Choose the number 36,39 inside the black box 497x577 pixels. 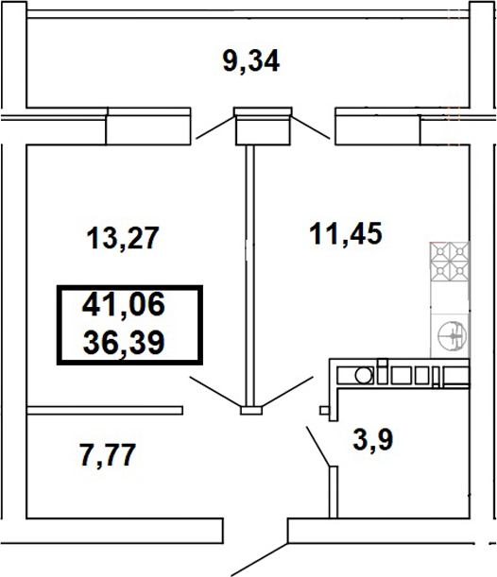click(x=123, y=339)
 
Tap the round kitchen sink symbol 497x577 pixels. click(x=451, y=334)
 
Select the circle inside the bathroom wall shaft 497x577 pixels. click(x=363, y=376)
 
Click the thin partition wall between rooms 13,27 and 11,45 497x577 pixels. click(x=251, y=274)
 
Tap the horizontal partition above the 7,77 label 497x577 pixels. click(x=104, y=410)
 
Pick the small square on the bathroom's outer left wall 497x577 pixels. click(x=324, y=411)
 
